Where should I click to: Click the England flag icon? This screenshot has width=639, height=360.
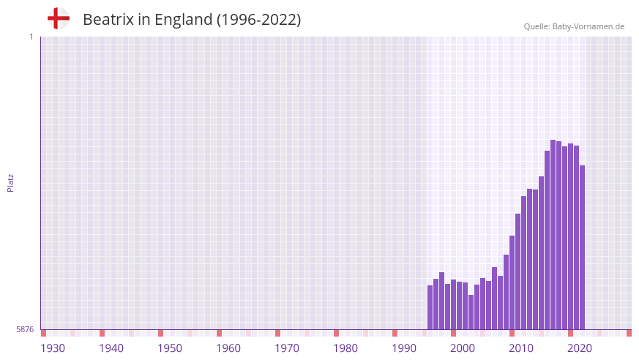[58, 19]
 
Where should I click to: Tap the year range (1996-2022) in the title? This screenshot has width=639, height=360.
[258, 20]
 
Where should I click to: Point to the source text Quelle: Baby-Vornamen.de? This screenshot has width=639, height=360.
[574, 26]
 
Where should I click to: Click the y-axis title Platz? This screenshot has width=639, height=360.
[10, 182]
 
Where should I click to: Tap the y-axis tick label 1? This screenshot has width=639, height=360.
[31, 37]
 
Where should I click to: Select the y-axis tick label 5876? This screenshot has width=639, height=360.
[25, 329]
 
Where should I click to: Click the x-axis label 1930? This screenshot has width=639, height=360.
[53, 348]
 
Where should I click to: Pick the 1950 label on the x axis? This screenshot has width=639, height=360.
[170, 348]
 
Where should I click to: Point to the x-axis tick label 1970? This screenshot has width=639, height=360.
[287, 348]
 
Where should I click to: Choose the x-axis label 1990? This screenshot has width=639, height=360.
[404, 348]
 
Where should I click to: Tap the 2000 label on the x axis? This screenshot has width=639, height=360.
[463, 348]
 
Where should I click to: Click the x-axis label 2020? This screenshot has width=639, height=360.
[580, 348]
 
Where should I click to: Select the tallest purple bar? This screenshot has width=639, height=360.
[553, 234]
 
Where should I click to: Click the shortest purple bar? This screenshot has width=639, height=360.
[471, 312]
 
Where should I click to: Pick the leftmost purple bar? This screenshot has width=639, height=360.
[430, 307]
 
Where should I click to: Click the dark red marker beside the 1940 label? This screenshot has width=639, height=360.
[102, 333]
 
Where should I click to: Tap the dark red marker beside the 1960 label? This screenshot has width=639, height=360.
[219, 333]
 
